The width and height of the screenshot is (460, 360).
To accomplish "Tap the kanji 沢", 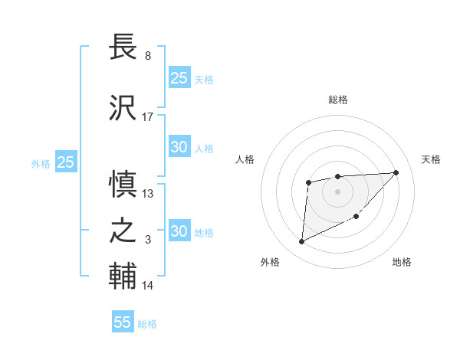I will click(123, 108).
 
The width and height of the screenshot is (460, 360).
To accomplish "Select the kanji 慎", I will click(123, 185).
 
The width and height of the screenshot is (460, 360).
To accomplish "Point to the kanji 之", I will click(123, 230).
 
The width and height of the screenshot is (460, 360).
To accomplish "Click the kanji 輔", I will click(123, 276).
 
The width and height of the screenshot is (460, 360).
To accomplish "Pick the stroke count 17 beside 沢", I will click(148, 117).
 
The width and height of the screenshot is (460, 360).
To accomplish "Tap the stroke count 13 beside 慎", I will click(148, 194).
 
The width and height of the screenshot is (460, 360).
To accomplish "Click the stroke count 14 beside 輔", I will click(148, 286).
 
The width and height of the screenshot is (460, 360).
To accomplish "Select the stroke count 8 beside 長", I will click(147, 56).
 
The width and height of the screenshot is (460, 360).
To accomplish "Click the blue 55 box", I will click(123, 322).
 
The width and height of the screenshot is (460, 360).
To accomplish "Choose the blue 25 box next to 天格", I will click(179, 77).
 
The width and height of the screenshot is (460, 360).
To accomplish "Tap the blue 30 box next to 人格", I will click(179, 147).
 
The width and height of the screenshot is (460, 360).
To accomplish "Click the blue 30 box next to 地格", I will click(179, 231).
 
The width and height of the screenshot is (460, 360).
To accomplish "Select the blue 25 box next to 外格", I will click(65, 162).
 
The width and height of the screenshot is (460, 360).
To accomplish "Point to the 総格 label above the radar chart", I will click(338, 100).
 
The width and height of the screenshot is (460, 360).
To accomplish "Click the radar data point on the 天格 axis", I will click(396, 172).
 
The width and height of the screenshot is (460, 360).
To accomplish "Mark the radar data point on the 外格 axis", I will click(301, 242).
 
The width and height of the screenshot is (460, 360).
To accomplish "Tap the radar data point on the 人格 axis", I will click(308, 182).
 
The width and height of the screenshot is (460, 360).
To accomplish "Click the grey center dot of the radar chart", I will click(337, 191).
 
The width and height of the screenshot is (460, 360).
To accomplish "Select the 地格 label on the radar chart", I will click(402, 262).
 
